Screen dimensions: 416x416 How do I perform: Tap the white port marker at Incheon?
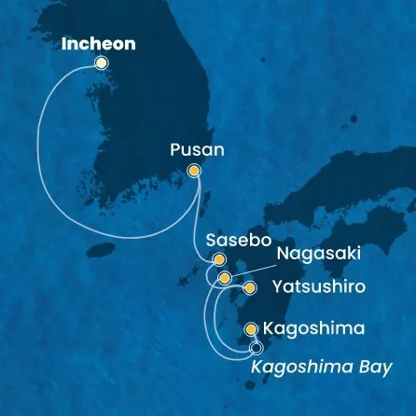coord(101,62)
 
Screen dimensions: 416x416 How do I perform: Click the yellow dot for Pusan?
coord(194,170)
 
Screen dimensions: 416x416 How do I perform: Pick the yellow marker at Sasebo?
coord(220,260)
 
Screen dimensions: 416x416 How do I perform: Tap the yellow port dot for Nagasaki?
coord(224,277)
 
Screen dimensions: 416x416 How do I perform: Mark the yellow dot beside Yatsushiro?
coord(249,288)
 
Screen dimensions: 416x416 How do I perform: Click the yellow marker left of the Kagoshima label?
coord(250,329)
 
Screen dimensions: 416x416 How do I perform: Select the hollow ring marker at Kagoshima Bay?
coord(257,349)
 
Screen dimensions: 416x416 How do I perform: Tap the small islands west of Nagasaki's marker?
coord(207,278)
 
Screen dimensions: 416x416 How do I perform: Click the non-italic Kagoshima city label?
coord(307,329)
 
